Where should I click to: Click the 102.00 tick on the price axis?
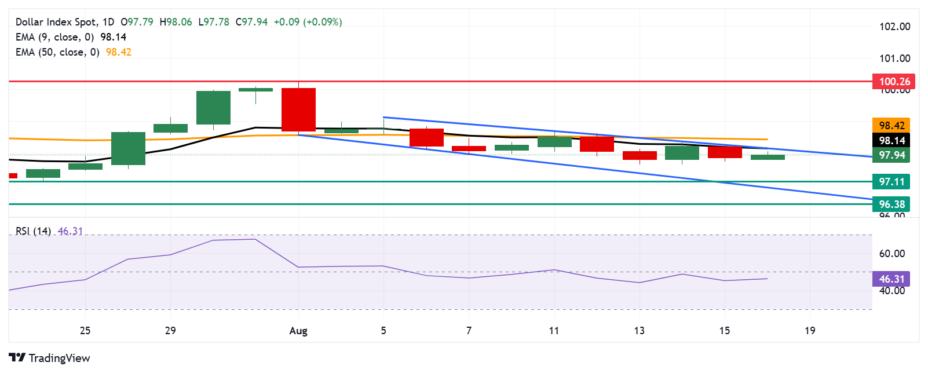click(894, 27)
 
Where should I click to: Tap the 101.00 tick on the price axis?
click(894, 58)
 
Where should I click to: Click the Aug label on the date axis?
click(298, 331)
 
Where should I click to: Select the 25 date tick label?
click(85, 331)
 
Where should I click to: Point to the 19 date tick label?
click(810, 331)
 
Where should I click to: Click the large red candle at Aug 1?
click(298, 109)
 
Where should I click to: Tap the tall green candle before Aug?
click(213, 108)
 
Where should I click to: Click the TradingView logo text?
click(59, 358)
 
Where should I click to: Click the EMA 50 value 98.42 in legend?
click(118, 52)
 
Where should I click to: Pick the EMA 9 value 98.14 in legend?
click(113, 37)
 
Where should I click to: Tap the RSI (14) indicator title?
click(33, 231)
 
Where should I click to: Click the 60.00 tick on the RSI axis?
click(892, 254)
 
